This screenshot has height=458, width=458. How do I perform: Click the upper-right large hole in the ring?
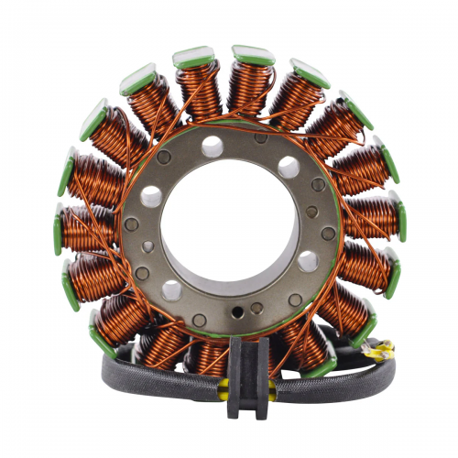[288, 167]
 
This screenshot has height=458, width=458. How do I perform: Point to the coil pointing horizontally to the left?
[87, 224]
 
